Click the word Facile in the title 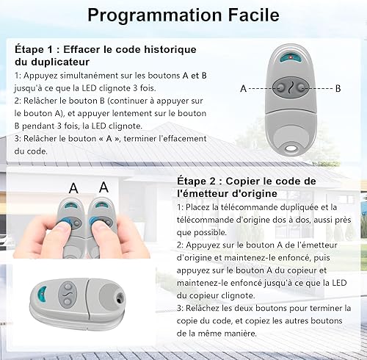coord(253,15)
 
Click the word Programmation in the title coord(155,16)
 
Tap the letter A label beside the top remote coord(243,89)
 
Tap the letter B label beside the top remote coord(338,88)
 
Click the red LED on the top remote coord(291,57)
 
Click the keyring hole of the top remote coord(291,148)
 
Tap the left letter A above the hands coord(73,188)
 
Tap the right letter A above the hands coord(103,187)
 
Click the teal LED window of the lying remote coord(43,294)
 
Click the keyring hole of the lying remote coord(120,298)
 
